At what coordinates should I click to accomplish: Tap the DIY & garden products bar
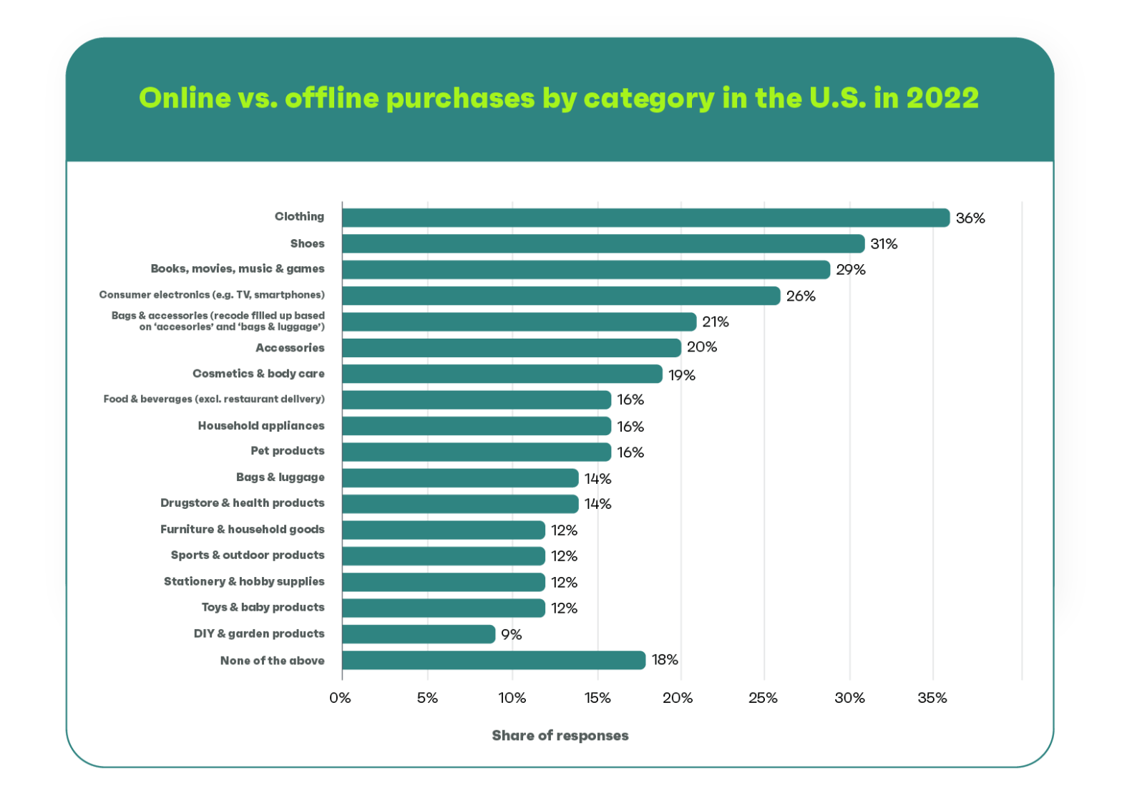(419, 634)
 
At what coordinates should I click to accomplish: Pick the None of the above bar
(494, 660)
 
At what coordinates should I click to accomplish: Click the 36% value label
(970, 218)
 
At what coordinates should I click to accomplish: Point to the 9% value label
(511, 635)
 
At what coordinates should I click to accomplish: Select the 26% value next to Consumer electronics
(801, 296)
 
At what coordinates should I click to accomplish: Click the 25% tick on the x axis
(763, 698)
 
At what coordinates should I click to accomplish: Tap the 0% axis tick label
(341, 698)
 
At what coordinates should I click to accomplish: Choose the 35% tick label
(932, 698)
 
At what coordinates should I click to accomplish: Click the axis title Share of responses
(560, 736)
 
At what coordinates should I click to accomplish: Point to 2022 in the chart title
(942, 98)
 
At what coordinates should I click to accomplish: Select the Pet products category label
(288, 451)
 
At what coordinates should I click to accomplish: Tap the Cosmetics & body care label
(258, 374)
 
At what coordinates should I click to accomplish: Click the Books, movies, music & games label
(238, 269)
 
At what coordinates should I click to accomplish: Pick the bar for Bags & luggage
(460, 478)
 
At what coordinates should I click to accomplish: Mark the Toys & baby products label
(263, 608)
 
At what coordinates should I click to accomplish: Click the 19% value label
(682, 375)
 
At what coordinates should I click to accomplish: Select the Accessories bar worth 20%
(512, 348)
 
